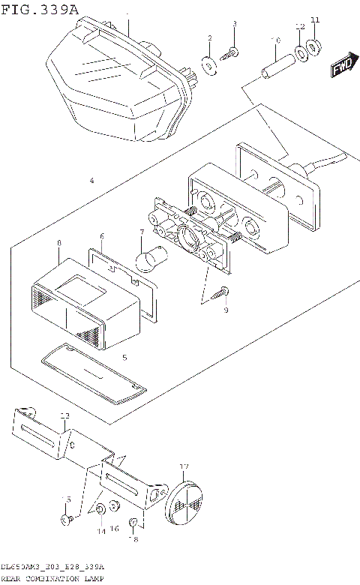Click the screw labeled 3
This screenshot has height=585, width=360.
tap(232, 52)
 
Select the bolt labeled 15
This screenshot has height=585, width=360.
tap(67, 518)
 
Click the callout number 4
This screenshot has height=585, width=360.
tap(91, 181)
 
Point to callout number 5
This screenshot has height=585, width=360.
tap(124, 357)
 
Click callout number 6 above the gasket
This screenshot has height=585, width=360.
tap(102, 236)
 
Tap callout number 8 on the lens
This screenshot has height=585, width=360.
tap(58, 244)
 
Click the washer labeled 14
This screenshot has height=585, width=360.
tap(99, 511)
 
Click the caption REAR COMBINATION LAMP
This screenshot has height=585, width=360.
tap(52, 579)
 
